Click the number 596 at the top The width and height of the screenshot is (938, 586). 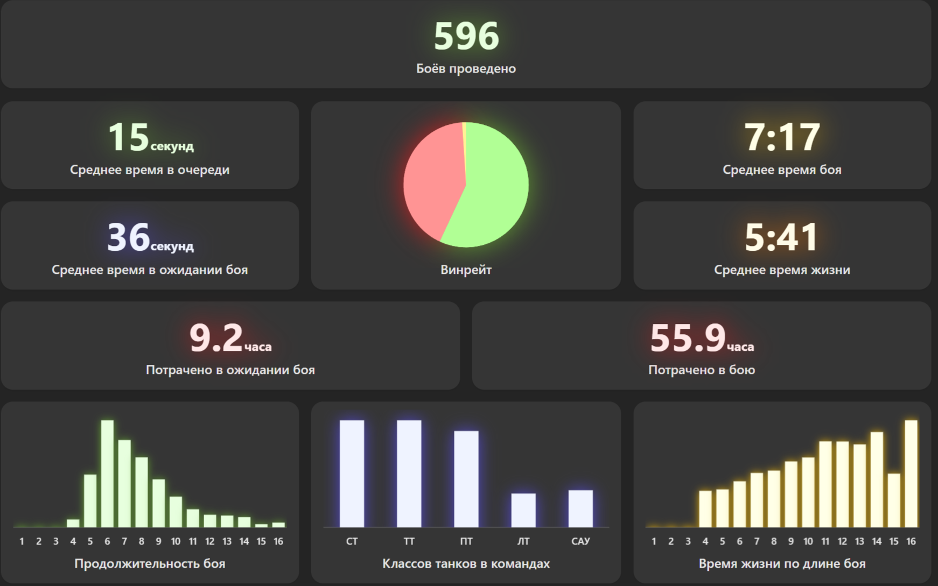pos(466,36)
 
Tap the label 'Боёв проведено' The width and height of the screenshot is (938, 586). pos(466,68)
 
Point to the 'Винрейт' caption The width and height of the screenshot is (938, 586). pos(466,270)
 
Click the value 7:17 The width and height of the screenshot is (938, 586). pos(782,137)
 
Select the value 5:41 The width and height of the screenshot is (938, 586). pos(782,237)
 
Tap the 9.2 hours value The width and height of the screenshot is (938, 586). pos(230,338)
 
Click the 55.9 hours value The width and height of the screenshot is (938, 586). pos(702,338)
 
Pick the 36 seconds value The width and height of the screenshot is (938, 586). pos(150,238)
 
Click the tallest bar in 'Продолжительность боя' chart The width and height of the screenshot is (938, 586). pos(107,474)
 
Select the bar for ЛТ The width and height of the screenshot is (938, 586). pos(523,510)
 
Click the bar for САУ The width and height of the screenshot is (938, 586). pos(580,509)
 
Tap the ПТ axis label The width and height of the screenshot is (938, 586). pos(466,541)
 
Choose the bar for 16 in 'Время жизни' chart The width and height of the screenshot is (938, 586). pos(911,474)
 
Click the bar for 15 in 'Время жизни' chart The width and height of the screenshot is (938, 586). pos(894,500)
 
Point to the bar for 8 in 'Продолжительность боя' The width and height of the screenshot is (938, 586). pos(142,492)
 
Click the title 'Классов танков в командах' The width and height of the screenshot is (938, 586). pos(466,563)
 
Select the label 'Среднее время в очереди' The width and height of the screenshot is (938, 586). pos(150,170)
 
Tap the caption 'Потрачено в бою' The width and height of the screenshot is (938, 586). pos(702,370)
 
